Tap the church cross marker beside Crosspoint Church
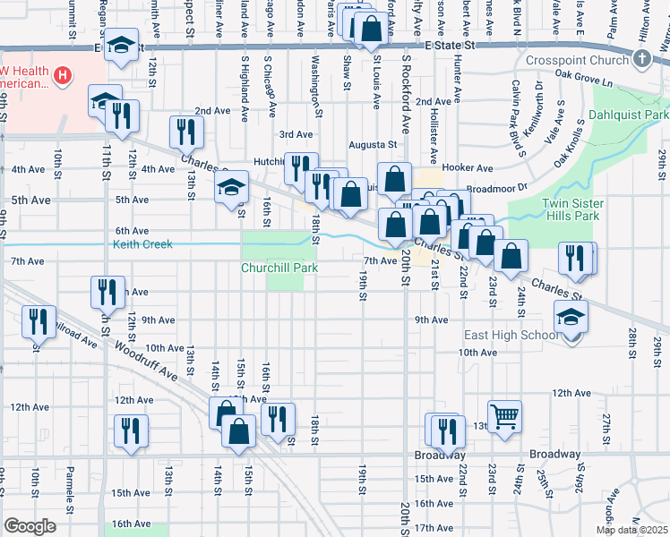pos(640,59)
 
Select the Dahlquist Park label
pos(630,116)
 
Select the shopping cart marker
pos(504,415)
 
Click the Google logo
pos(30,526)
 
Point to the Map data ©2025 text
pos(632,530)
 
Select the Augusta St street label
pos(374,144)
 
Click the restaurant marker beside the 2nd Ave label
pos(185,131)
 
